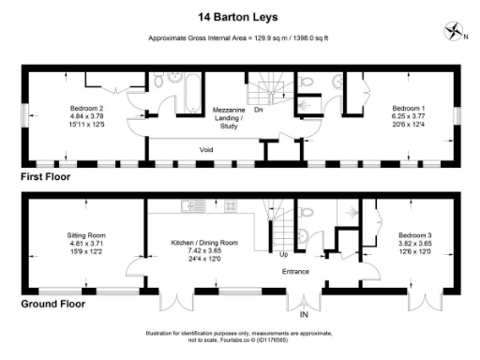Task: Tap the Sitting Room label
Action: click(x=85, y=234)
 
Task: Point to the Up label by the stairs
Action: click(x=284, y=253)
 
